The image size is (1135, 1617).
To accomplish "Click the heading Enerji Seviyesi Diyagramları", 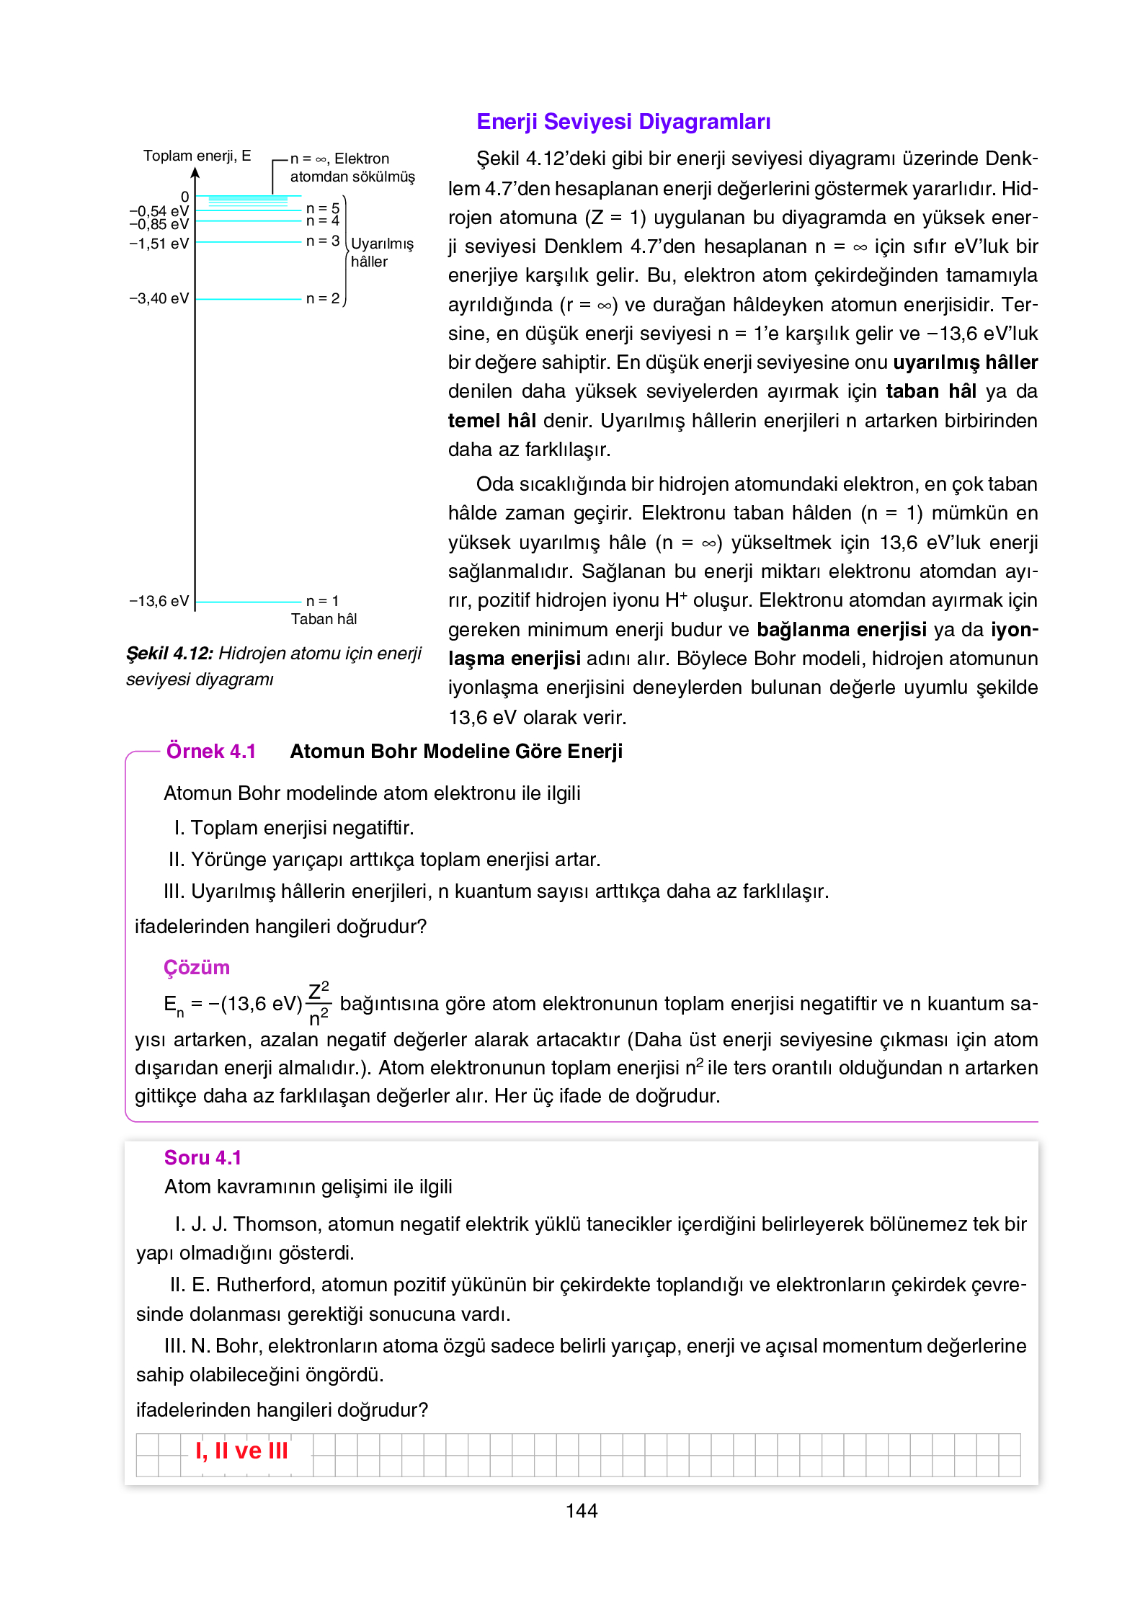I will [623, 122].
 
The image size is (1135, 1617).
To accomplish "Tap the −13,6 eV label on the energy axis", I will [159, 601].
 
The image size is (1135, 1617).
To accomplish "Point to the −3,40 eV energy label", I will [159, 298].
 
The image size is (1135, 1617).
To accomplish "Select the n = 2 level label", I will [322, 298].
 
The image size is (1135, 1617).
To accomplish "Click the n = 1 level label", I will [322, 601].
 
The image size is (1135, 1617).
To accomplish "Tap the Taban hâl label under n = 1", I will [324, 619].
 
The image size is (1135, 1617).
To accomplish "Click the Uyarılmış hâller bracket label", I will [381, 252].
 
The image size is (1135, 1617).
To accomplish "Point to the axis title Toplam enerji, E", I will [197, 156].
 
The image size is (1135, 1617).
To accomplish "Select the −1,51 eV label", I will [159, 244].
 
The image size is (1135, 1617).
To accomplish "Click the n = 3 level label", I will [322, 241].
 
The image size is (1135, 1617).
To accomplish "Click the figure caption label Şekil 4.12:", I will [169, 654].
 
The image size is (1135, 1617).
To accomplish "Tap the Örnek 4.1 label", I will [211, 752].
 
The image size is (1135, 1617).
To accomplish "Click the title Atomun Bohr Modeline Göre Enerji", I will [456, 752].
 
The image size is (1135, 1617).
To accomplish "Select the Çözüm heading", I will [196, 968].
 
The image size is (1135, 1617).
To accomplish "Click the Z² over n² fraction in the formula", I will [319, 1003].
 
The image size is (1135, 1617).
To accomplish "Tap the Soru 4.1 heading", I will [202, 1158].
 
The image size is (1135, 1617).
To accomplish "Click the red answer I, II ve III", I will [241, 1451].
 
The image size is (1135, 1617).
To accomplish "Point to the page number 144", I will [582, 1511].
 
